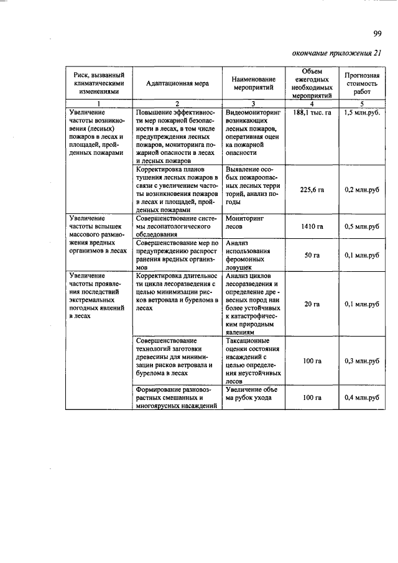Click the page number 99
[x=377, y=34]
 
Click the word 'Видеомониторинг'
[x=254, y=112]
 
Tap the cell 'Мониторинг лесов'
[x=246, y=223]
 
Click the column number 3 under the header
[x=253, y=103]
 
